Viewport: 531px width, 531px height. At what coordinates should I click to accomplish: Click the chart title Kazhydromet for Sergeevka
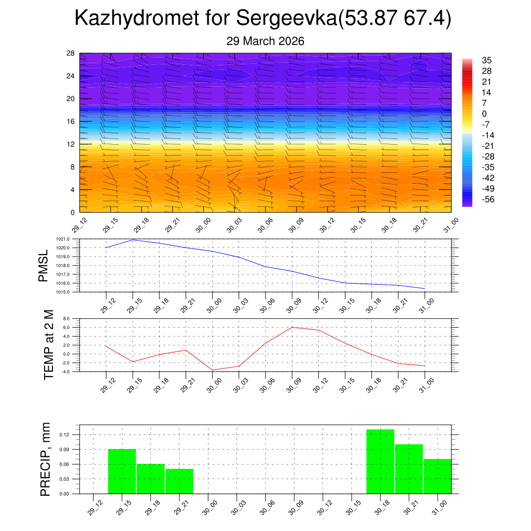click(263, 19)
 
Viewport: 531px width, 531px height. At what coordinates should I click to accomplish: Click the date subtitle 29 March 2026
click(265, 41)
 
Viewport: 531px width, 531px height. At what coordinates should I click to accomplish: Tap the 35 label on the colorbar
click(486, 60)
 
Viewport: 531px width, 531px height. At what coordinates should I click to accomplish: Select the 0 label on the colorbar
click(484, 114)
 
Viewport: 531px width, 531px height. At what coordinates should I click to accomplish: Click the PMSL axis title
click(44, 265)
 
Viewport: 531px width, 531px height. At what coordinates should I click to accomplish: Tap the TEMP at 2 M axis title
click(49, 344)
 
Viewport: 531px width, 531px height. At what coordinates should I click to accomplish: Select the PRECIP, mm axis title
click(46, 459)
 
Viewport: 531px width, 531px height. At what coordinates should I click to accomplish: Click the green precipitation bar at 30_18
click(380, 462)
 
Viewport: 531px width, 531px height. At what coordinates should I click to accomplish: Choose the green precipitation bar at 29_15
click(122, 471)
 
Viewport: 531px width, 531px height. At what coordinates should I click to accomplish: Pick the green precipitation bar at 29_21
click(179, 481)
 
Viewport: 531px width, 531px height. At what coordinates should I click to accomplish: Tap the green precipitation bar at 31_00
click(437, 476)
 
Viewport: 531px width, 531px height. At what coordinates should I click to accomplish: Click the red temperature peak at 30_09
click(292, 327)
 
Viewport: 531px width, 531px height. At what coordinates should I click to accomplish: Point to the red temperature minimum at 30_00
click(212, 370)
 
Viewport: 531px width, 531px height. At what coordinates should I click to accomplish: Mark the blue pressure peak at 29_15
click(133, 240)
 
